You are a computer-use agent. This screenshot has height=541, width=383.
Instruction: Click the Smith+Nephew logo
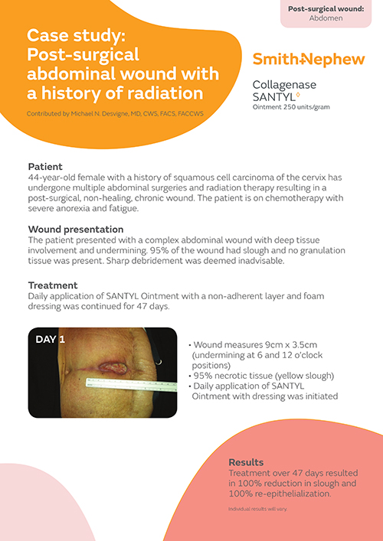[x=302, y=59]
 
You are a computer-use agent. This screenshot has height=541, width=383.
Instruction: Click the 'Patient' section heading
[x=45, y=166]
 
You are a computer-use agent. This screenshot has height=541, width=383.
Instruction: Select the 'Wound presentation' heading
[x=76, y=229]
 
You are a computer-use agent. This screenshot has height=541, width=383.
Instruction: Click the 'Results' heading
[x=247, y=462]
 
